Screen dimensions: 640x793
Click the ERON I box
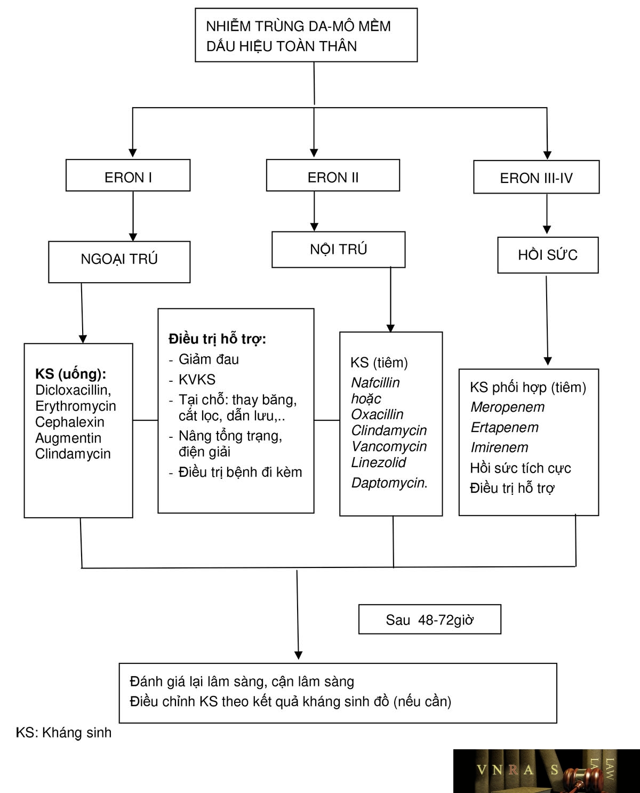coord(128,175)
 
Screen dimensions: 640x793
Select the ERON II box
coord(333,175)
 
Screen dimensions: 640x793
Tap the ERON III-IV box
coord(537,177)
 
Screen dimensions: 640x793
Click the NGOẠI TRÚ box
coord(119,262)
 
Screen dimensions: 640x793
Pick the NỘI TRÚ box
coord(339,250)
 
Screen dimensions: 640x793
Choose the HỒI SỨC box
coord(548,255)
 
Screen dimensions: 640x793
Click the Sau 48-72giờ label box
coord(429,620)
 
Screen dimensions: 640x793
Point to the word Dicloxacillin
coord(73,390)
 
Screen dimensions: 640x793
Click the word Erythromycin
coord(76,406)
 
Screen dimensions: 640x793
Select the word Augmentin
coord(68,438)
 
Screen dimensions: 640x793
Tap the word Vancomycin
coord(389,446)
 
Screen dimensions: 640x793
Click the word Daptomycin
coord(389,483)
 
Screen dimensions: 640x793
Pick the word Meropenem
coord(508,407)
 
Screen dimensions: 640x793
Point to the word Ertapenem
coord(505,428)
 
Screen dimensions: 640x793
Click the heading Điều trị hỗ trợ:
coord(217,339)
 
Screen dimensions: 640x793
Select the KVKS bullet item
coord(197,380)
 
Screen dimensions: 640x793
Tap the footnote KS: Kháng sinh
coord(63,733)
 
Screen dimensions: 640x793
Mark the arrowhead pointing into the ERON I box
coord(133,153)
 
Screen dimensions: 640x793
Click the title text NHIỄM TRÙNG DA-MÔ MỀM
coord(298,26)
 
